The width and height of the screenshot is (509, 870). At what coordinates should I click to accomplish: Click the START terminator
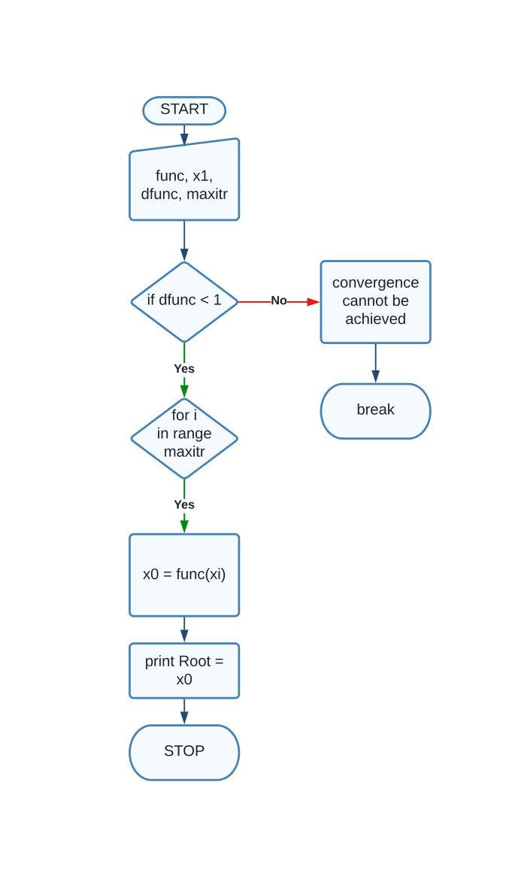coord(184,110)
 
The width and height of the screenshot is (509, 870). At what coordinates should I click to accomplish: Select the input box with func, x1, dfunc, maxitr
coord(184,181)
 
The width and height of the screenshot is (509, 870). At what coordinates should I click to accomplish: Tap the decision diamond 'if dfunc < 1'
coord(184,301)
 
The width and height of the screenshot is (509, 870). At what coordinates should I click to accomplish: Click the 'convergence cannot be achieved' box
coord(375,302)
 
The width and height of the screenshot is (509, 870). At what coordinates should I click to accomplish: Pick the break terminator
coord(375,411)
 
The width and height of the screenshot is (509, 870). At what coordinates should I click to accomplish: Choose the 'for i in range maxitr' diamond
coord(184,438)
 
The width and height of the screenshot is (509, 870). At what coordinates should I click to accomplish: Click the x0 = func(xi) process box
coord(184,575)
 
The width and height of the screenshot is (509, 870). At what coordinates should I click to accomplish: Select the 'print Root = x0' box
coord(184,670)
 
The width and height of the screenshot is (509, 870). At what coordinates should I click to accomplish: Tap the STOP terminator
coord(184,752)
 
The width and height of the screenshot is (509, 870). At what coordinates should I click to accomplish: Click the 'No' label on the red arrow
coord(279,301)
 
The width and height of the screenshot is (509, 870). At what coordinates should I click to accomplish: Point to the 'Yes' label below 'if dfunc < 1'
coord(184,369)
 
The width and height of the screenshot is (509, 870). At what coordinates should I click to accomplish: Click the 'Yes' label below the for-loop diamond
coord(184,505)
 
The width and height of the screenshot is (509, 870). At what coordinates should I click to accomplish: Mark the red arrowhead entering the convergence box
coord(314,302)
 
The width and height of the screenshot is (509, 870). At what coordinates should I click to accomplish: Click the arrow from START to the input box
coord(184,135)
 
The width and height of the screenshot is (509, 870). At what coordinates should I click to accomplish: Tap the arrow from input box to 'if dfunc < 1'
coord(184,240)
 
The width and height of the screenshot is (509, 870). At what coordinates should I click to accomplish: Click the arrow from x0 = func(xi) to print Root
coord(184,630)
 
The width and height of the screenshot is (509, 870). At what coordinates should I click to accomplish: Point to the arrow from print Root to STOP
coord(184,711)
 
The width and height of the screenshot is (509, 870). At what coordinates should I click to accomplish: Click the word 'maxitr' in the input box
coord(207,194)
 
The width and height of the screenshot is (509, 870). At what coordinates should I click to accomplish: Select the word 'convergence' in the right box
coord(375,283)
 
